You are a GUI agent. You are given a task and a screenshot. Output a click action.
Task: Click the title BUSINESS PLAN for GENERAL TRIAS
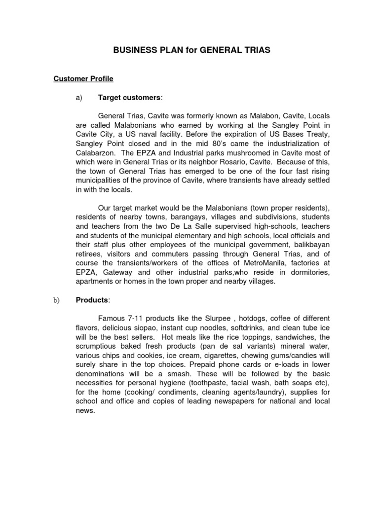[189, 51]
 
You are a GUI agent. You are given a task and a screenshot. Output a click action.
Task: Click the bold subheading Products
[92, 300]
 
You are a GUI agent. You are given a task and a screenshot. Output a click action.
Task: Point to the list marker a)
[78, 98]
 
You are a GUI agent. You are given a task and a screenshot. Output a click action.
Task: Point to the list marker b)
[57, 300]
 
